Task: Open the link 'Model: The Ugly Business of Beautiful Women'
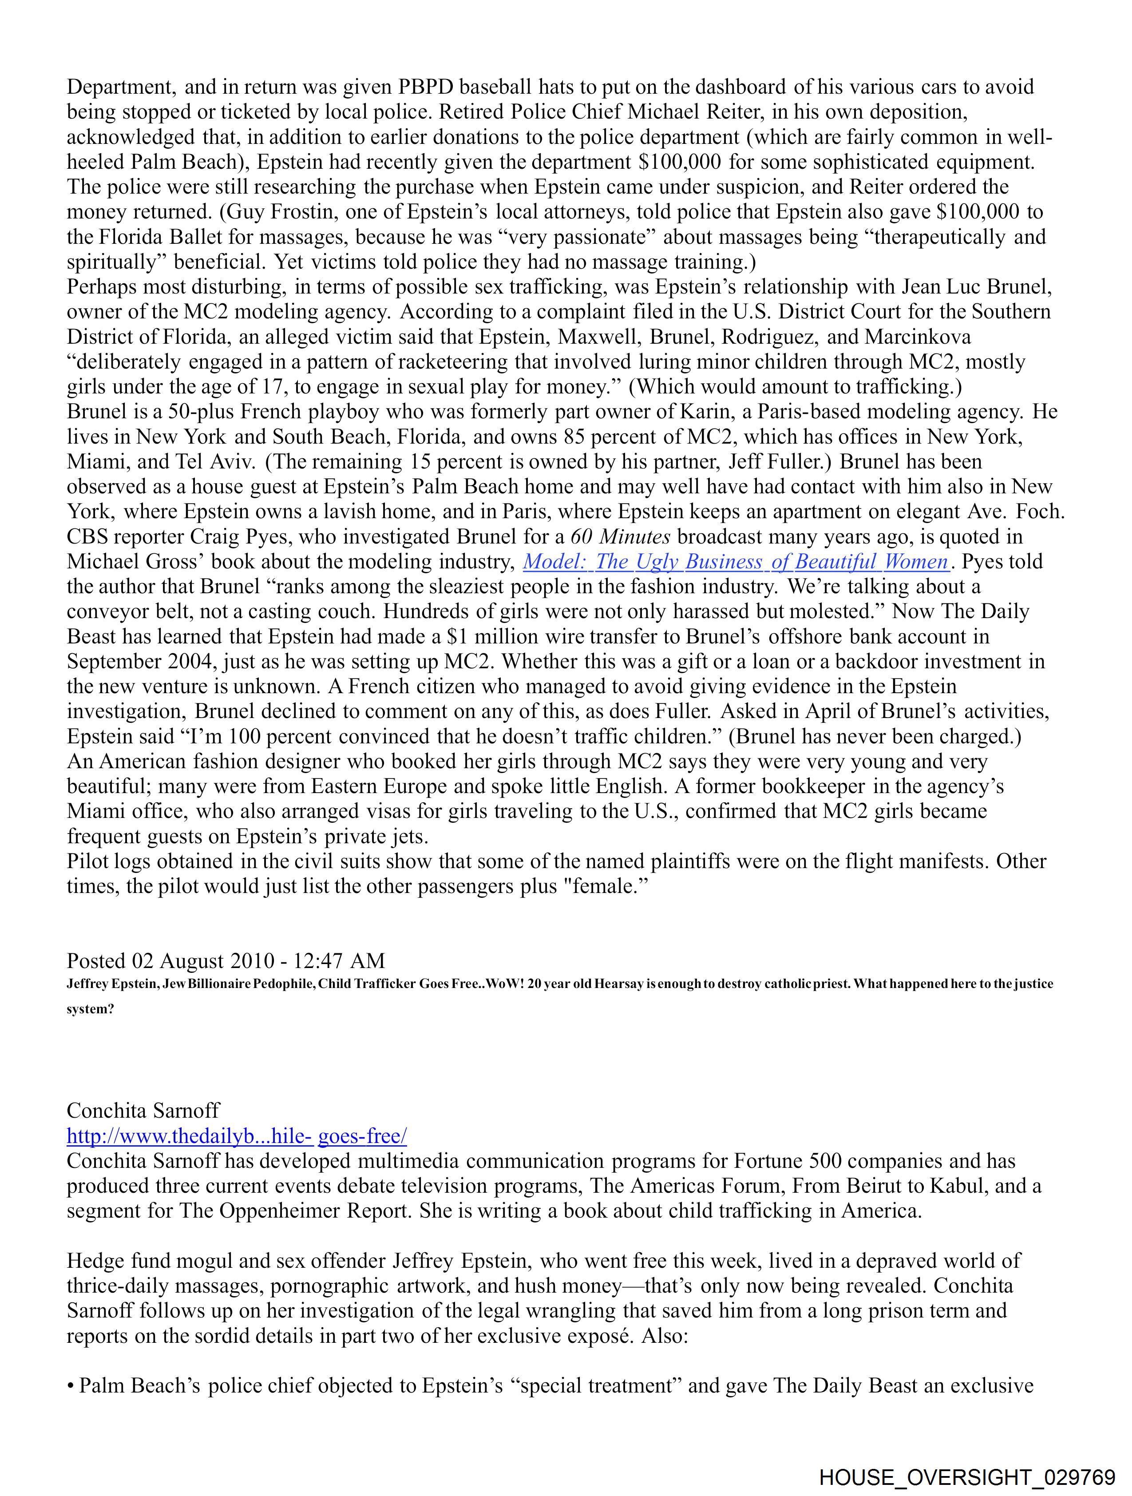[736, 562]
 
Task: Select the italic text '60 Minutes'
[620, 537]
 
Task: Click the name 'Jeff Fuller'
[780, 462]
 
